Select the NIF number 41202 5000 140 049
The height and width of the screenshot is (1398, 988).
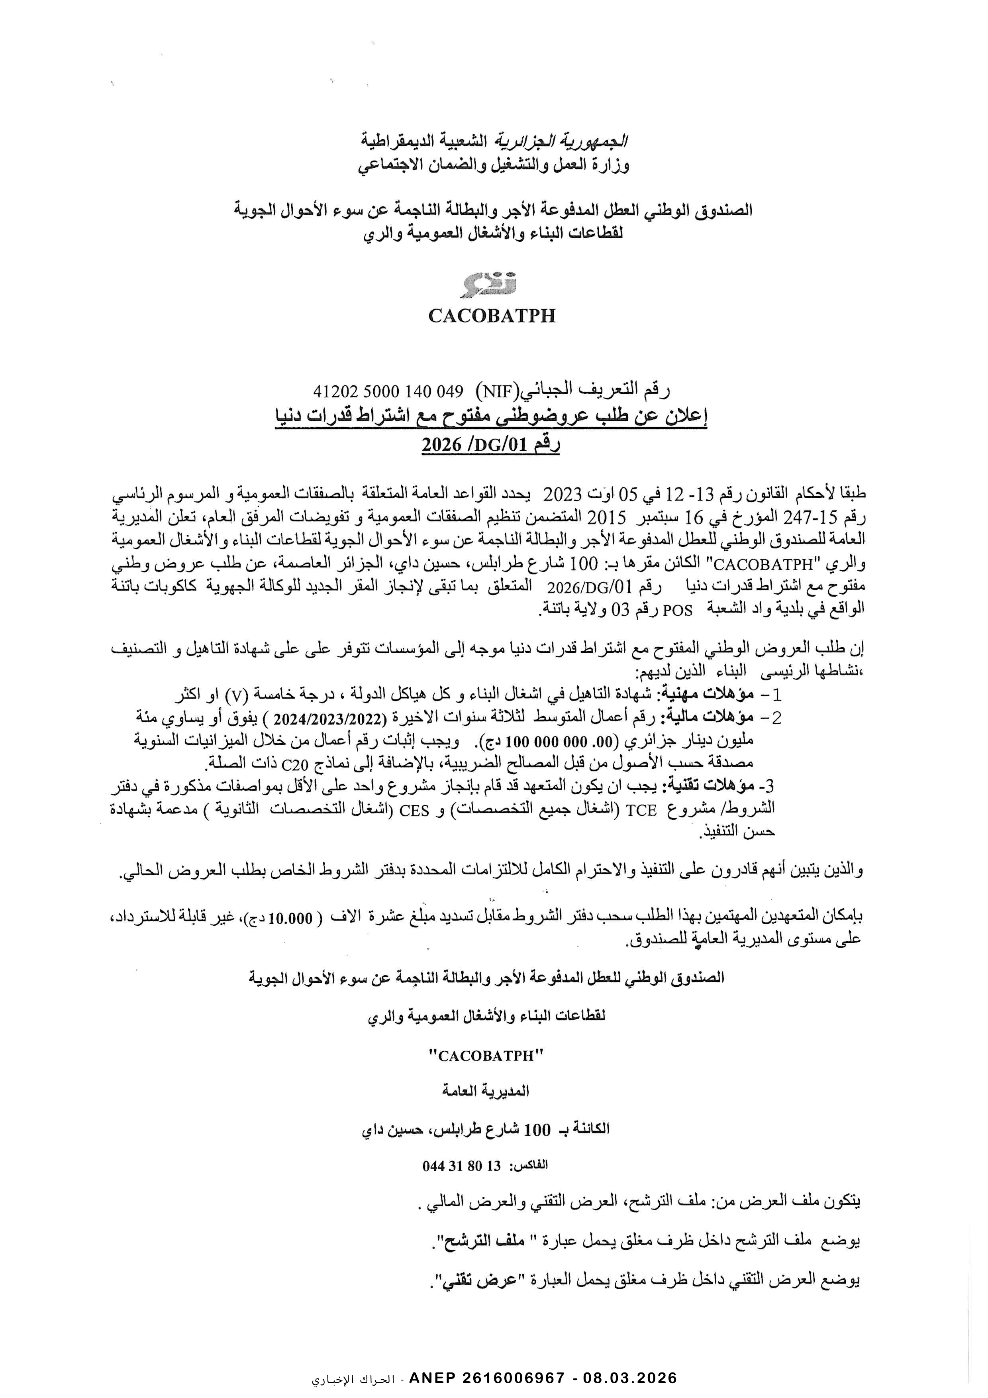[x=388, y=390]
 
